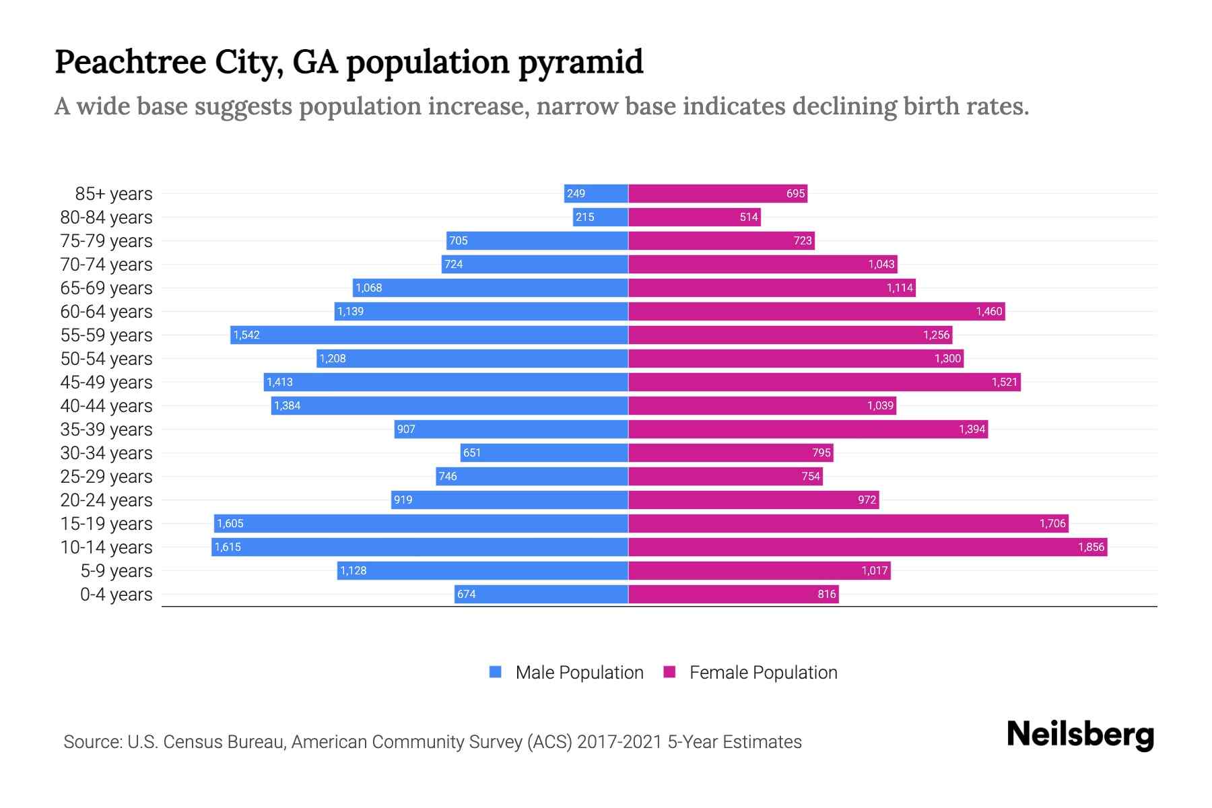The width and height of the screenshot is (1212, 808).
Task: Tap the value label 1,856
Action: [1091, 547]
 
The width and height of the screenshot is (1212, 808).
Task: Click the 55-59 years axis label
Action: [106, 335]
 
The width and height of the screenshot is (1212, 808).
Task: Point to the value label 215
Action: [584, 217]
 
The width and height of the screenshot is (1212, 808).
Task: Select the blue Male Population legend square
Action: [496, 672]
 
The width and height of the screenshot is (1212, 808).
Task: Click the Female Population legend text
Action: [763, 672]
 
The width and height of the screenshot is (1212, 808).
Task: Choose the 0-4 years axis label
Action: [116, 594]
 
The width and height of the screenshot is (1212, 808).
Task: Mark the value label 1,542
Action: [246, 335]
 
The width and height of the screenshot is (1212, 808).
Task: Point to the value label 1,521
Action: [1004, 382]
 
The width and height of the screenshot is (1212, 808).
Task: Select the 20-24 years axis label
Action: [106, 500]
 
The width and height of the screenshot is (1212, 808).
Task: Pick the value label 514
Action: [749, 217]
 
